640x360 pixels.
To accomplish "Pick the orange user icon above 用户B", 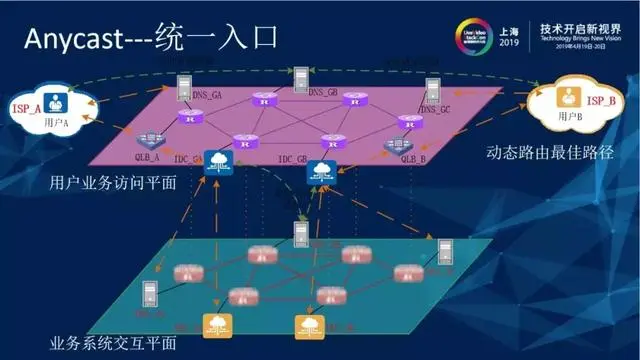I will pyautogui.click(x=568, y=98).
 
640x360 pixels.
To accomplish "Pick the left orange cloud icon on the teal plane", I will pyautogui.click(x=215, y=324).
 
